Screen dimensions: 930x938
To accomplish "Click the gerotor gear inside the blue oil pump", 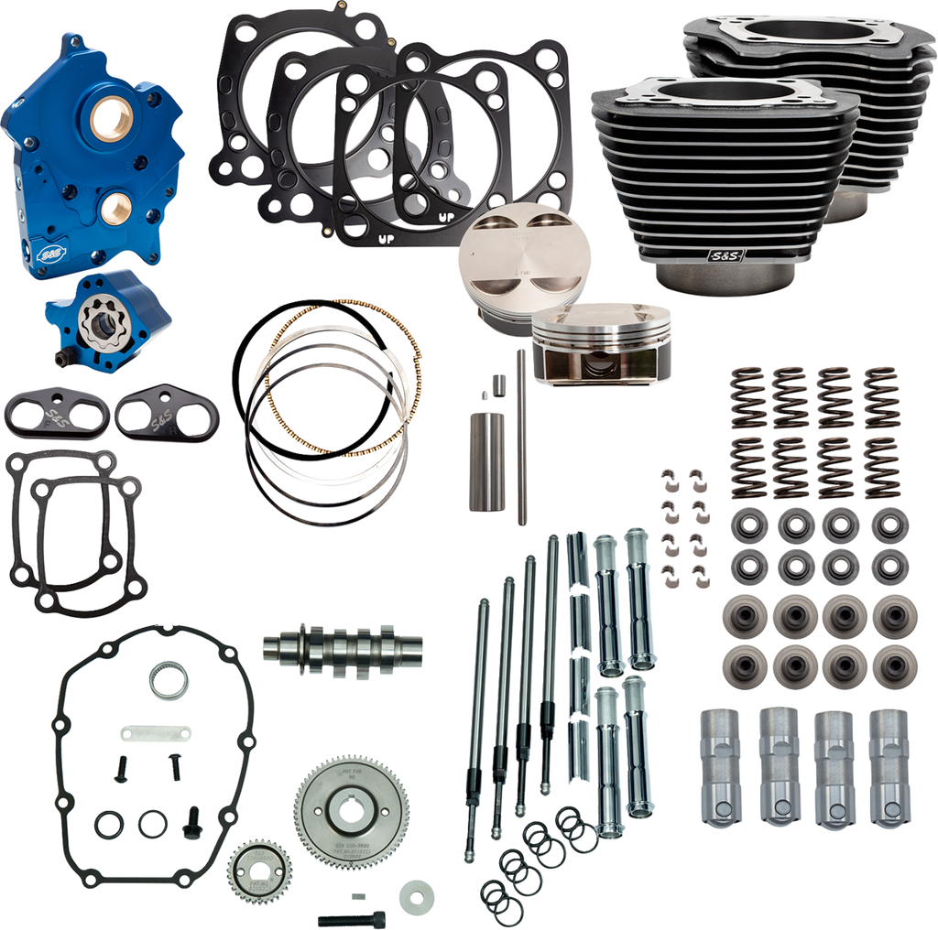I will click(94, 322).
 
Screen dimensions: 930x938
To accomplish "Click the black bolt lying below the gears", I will click(351, 916).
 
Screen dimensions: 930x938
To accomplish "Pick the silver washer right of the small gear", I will click(417, 892).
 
